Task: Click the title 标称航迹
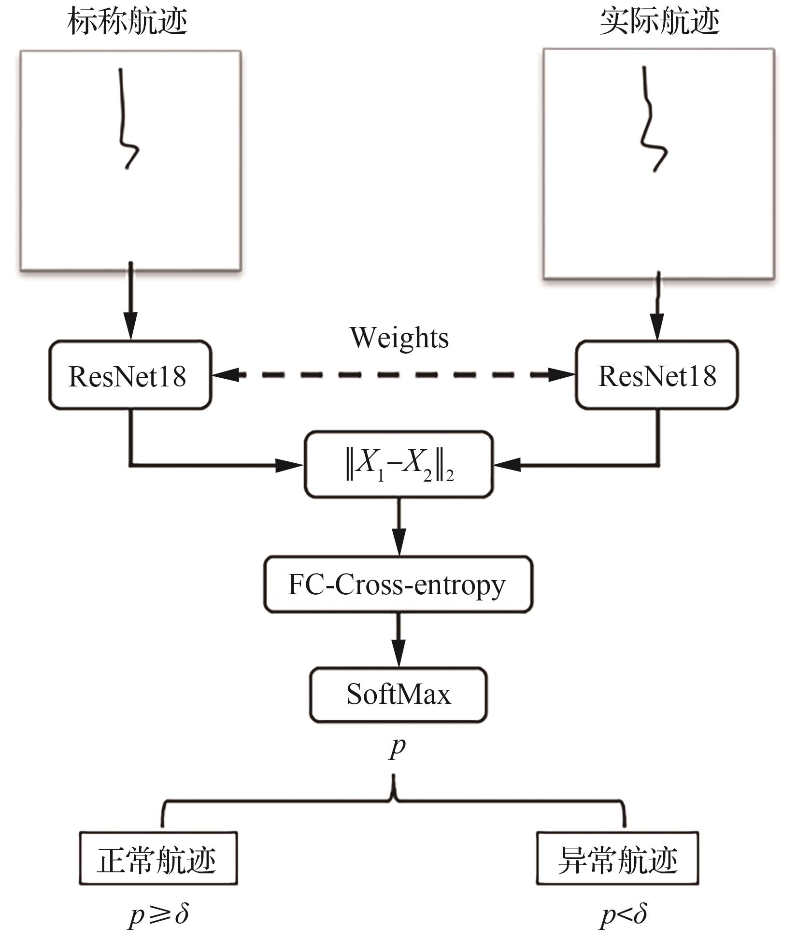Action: pos(128,22)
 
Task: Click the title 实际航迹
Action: pos(659,22)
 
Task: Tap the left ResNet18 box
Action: pos(129,375)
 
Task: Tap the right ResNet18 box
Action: pos(657,375)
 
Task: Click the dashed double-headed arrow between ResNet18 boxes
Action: pos(393,374)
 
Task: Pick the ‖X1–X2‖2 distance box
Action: pos(399,465)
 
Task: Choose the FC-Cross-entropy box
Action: pos(398,585)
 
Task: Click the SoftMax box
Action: pos(398,695)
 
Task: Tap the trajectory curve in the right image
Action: pos(650,121)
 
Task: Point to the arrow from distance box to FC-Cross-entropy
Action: pos(399,527)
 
